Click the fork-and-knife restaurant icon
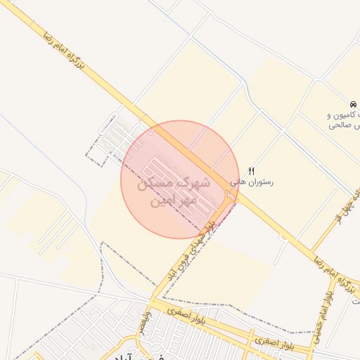coord(252,171)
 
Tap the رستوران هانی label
coord(251,181)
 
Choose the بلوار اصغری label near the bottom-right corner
coord(271,342)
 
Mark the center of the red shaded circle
coord(180,179)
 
